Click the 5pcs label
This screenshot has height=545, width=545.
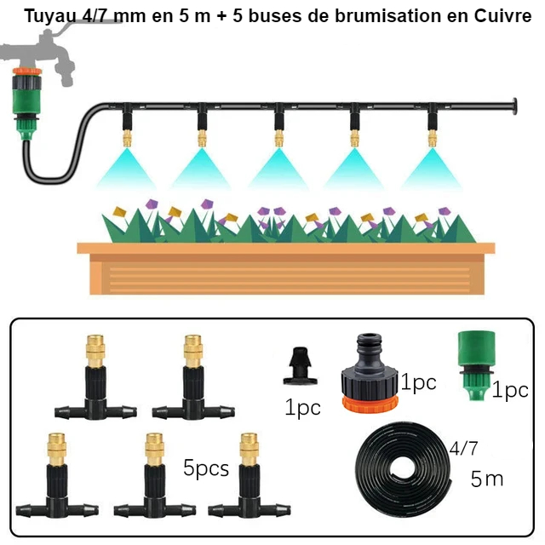[x=206, y=468]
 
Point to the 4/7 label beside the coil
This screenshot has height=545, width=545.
[x=463, y=446]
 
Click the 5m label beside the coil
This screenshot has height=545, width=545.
[x=486, y=479]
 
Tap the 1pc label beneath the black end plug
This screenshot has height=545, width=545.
[x=302, y=408]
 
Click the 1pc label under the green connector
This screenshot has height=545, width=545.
[x=510, y=391]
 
